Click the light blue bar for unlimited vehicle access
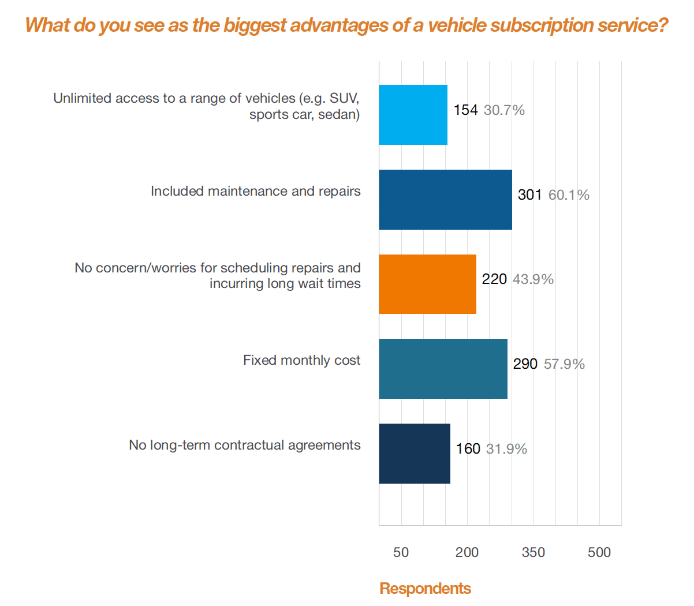(413, 115)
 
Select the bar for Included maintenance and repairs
(445, 200)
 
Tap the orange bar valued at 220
(427, 284)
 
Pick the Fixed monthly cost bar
(443, 369)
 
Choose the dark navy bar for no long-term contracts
(415, 454)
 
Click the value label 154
(465, 110)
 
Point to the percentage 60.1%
(569, 195)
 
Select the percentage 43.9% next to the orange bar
(533, 279)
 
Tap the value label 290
(525, 364)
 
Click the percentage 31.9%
(506, 449)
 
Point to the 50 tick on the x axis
(401, 552)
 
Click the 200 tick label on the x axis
(467, 552)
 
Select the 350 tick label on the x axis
(533, 552)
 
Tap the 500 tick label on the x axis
(599, 552)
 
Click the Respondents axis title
(425, 589)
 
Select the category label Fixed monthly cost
(301, 361)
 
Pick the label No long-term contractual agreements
(245, 446)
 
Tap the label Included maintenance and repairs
(255, 192)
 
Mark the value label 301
(529, 195)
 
